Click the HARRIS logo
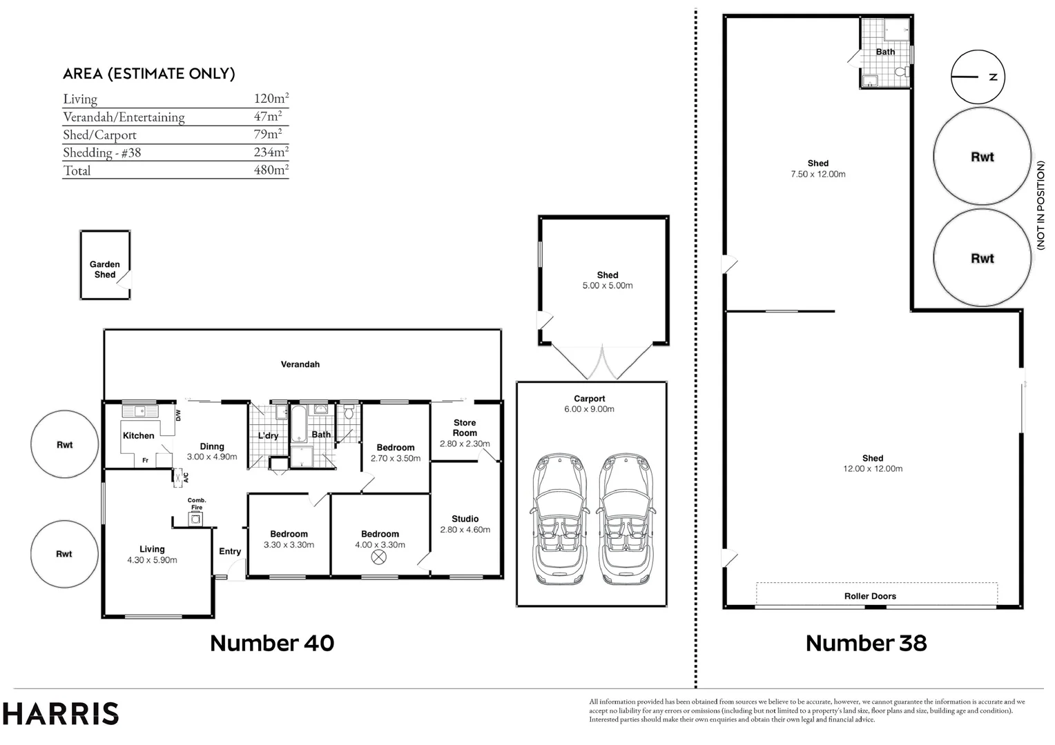click(60, 713)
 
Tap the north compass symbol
click(978, 77)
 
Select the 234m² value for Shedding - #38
click(271, 152)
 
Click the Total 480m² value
click(271, 170)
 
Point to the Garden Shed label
click(105, 269)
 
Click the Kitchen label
click(139, 435)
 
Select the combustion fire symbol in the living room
click(197, 519)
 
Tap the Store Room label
click(465, 428)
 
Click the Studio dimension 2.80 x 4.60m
click(465, 530)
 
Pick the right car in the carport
click(625, 519)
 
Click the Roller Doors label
click(870, 596)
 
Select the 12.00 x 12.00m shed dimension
click(872, 468)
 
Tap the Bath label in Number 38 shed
click(885, 52)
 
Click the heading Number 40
click(272, 643)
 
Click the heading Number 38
click(866, 643)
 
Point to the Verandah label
click(300, 364)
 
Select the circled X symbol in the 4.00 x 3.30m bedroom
click(379, 557)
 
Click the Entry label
click(230, 551)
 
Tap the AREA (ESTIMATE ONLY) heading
click(149, 74)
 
